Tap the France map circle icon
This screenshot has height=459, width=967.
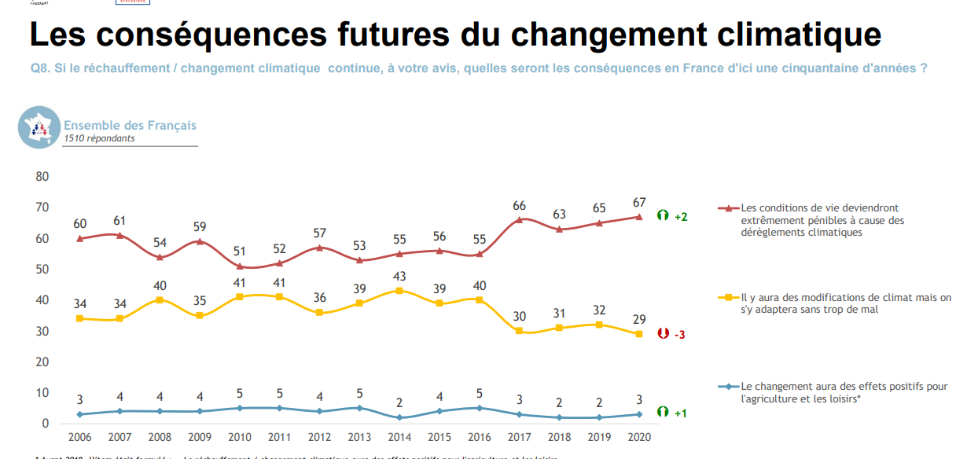tap(39, 127)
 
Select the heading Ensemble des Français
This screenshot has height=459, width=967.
tap(130, 126)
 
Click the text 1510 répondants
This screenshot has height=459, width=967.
tap(99, 138)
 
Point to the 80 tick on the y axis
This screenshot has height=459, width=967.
tap(42, 176)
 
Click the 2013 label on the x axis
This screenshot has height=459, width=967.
tap(359, 436)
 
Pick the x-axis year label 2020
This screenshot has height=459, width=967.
tap(638, 436)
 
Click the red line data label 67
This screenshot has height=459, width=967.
tap(638, 202)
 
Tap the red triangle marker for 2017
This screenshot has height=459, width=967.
tap(520, 220)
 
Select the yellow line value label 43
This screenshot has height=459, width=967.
tap(399, 276)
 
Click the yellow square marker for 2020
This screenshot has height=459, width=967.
tap(638, 334)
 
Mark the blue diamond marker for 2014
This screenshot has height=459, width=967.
tap(399, 417)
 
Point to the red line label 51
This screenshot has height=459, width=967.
tap(240, 252)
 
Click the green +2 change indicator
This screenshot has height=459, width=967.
tap(673, 216)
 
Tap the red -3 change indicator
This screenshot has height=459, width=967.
tap(673, 334)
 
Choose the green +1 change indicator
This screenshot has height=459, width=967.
tap(673, 412)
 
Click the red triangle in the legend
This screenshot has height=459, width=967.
tap(729, 208)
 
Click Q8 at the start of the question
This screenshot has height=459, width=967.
tap(39, 68)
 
